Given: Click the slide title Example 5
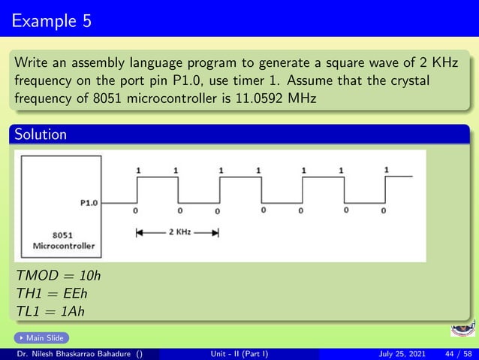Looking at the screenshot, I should point(52,20).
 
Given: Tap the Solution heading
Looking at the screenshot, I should point(38,135).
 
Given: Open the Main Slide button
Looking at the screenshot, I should point(42,338).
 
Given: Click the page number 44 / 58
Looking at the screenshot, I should point(456,352).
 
